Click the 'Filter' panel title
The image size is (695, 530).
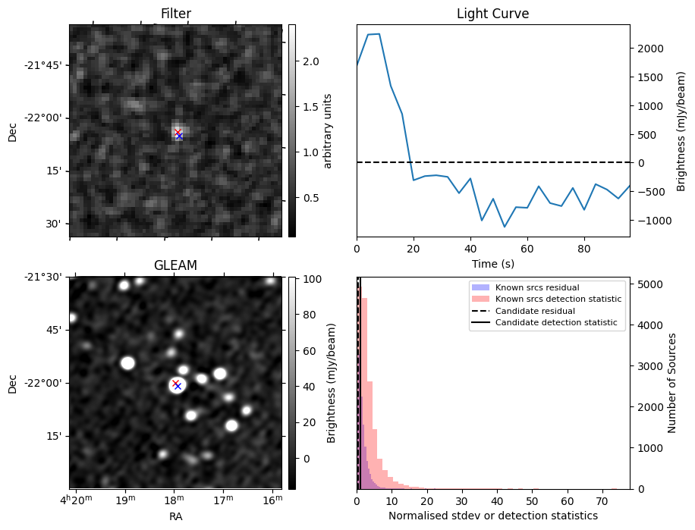pos(175,14)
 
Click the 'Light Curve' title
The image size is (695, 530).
pos(492,14)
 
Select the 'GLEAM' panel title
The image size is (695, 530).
pos(175,265)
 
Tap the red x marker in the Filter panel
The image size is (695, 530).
pos(178,133)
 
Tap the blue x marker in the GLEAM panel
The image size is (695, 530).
pos(178,386)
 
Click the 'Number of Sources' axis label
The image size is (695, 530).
pos(672,383)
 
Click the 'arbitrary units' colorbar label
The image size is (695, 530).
pos(328,130)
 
